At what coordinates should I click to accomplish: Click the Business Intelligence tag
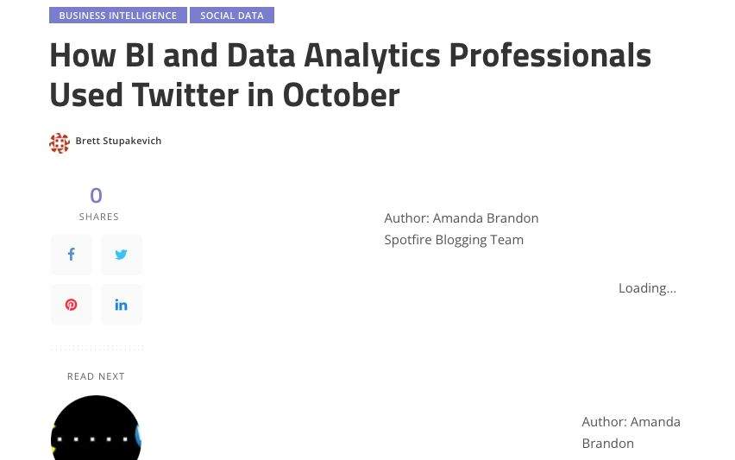(x=118, y=16)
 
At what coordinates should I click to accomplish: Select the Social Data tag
(x=232, y=16)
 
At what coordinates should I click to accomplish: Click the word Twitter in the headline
(x=185, y=95)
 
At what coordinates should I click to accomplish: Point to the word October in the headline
(x=342, y=95)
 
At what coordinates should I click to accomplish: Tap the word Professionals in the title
(x=550, y=55)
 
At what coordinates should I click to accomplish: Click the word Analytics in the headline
(x=372, y=56)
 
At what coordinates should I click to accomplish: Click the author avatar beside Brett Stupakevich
(x=60, y=143)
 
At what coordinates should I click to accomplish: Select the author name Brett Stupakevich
(x=118, y=141)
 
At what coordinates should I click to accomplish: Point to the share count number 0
(x=96, y=195)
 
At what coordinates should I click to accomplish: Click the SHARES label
(x=99, y=217)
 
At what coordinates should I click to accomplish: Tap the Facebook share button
(x=72, y=255)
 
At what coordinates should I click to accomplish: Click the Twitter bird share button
(x=121, y=255)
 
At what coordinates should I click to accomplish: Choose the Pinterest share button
(x=72, y=305)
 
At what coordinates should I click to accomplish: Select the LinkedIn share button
(x=121, y=305)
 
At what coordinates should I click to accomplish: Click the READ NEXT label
(x=96, y=376)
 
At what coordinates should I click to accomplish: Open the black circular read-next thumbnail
(x=96, y=429)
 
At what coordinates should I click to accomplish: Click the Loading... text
(x=647, y=288)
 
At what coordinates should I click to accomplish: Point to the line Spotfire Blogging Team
(x=454, y=240)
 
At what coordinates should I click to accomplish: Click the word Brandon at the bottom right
(x=608, y=443)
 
